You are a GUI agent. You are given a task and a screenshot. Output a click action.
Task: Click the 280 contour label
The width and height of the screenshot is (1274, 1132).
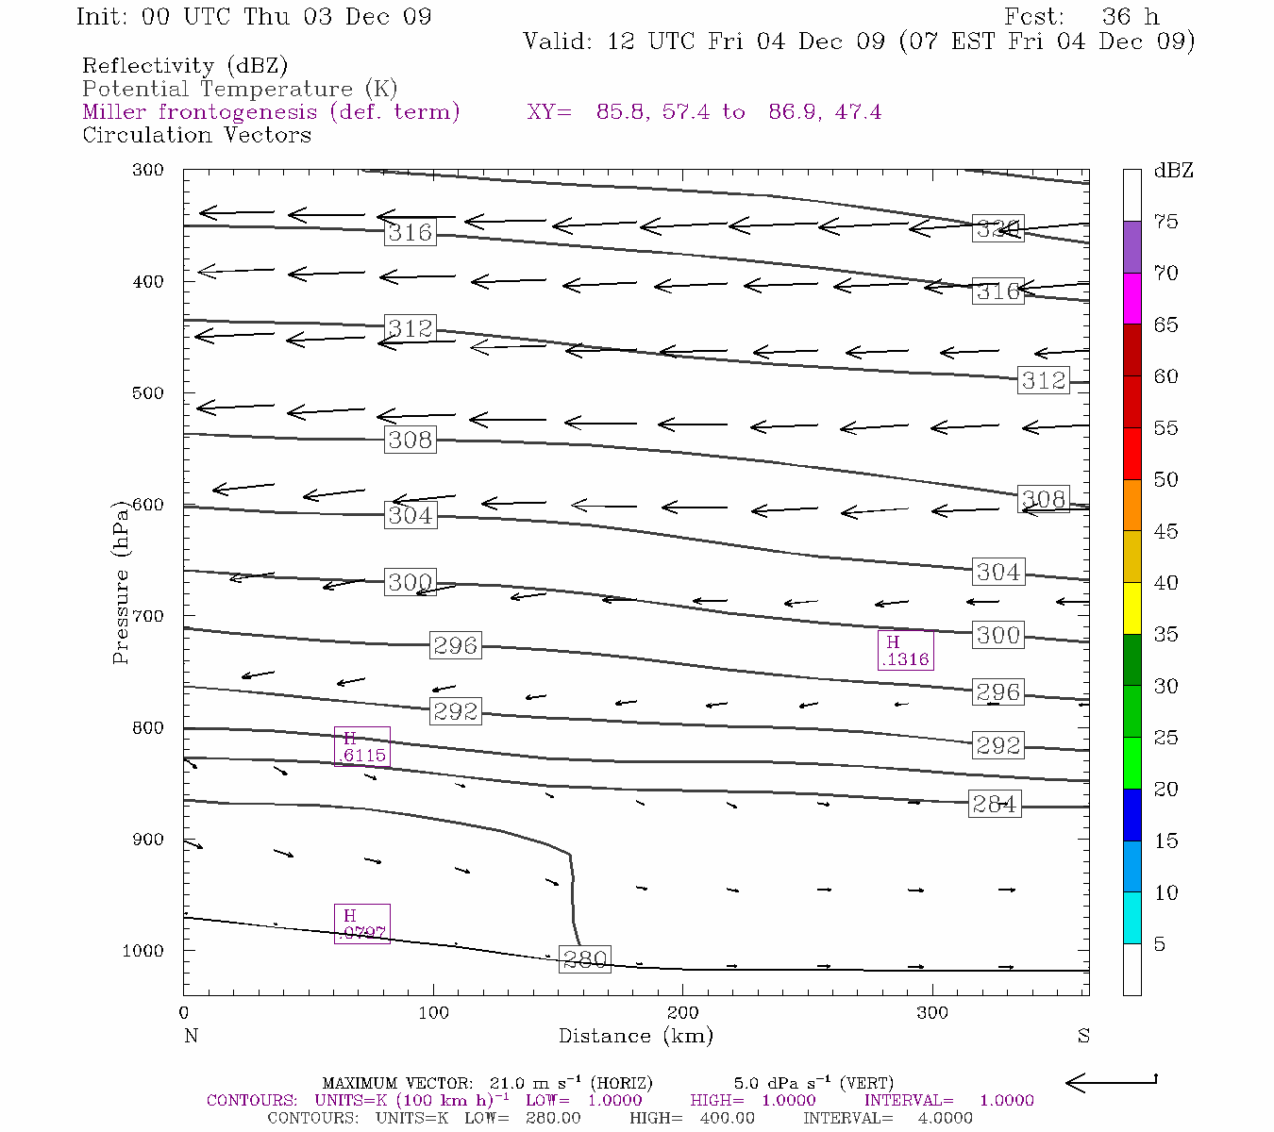point(585,959)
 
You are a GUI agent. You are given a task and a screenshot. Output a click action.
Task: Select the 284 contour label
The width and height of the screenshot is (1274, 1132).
point(995,804)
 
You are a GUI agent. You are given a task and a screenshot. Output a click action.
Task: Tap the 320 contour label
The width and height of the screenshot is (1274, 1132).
point(997,229)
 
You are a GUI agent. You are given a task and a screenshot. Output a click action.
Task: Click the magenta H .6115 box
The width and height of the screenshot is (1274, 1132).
point(362,746)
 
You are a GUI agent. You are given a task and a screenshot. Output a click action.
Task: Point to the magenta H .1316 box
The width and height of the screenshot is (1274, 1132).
point(906,650)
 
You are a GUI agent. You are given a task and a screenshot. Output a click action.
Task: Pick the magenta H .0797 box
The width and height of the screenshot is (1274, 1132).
point(362,924)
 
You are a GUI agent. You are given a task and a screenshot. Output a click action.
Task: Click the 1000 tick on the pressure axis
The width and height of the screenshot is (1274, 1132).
point(142,951)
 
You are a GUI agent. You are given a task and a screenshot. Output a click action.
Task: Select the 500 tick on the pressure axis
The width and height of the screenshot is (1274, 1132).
point(148,393)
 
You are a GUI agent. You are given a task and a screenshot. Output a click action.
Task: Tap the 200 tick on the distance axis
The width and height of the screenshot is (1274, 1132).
point(683,1013)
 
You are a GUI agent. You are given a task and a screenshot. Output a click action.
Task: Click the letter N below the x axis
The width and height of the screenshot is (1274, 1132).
point(191,1036)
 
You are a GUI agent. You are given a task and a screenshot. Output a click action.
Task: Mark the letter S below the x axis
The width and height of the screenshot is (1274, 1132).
point(1083,1036)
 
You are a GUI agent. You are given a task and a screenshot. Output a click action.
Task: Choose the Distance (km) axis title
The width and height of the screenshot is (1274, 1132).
point(635,1036)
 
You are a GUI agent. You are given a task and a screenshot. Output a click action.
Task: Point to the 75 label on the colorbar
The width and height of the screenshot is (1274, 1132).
point(1166,222)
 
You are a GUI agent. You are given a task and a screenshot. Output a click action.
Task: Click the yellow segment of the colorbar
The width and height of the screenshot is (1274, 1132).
point(1132,608)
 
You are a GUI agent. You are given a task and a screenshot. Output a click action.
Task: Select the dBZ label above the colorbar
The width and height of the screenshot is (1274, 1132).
point(1173,171)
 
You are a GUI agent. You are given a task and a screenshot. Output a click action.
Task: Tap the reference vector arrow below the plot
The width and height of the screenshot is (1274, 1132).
point(1111,1083)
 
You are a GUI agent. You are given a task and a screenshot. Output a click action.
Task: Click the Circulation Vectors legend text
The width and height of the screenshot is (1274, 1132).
point(196,135)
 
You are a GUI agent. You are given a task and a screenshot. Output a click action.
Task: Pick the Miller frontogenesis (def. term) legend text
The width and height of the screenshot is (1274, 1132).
point(271,112)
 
